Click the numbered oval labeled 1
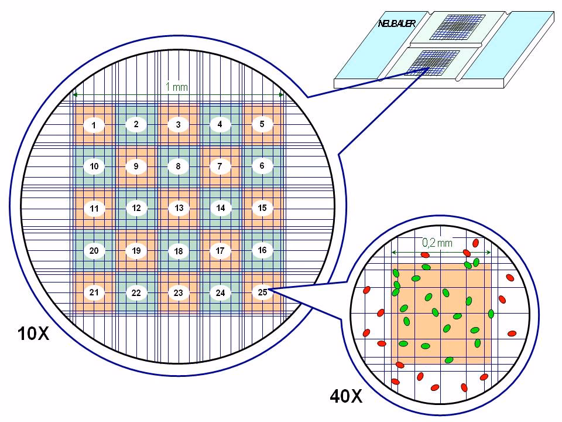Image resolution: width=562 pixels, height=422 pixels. (x=94, y=125)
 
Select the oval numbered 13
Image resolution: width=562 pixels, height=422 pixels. (x=179, y=208)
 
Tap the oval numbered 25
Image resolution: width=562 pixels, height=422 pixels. (x=262, y=291)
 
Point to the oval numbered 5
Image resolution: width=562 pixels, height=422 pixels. (x=262, y=124)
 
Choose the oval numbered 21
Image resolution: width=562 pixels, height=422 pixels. (x=94, y=292)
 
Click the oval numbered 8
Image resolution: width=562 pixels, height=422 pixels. (x=178, y=166)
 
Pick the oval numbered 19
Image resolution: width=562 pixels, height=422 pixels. (x=136, y=251)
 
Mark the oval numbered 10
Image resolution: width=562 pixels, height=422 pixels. (x=94, y=167)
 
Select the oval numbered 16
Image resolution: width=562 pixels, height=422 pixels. (x=262, y=250)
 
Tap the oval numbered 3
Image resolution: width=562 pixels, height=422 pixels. (x=178, y=125)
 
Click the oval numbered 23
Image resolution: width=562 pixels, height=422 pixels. (x=179, y=292)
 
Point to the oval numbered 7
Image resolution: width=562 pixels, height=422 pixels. (x=220, y=166)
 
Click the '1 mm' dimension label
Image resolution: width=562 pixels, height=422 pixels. (x=177, y=87)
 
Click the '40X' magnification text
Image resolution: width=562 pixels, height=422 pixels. (x=346, y=397)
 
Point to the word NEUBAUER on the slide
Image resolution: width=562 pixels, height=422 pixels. (x=396, y=23)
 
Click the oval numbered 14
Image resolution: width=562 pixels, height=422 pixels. (x=220, y=208)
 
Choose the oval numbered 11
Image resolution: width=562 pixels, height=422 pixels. (x=94, y=209)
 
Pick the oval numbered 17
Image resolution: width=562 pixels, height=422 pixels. (x=220, y=251)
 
